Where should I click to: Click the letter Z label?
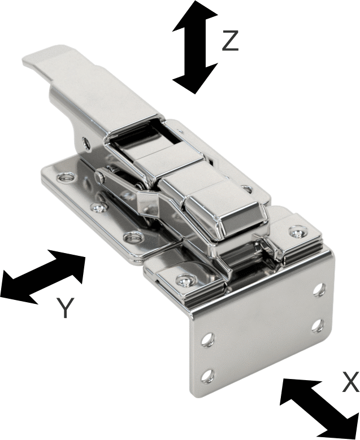230,41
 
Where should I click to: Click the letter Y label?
66,308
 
